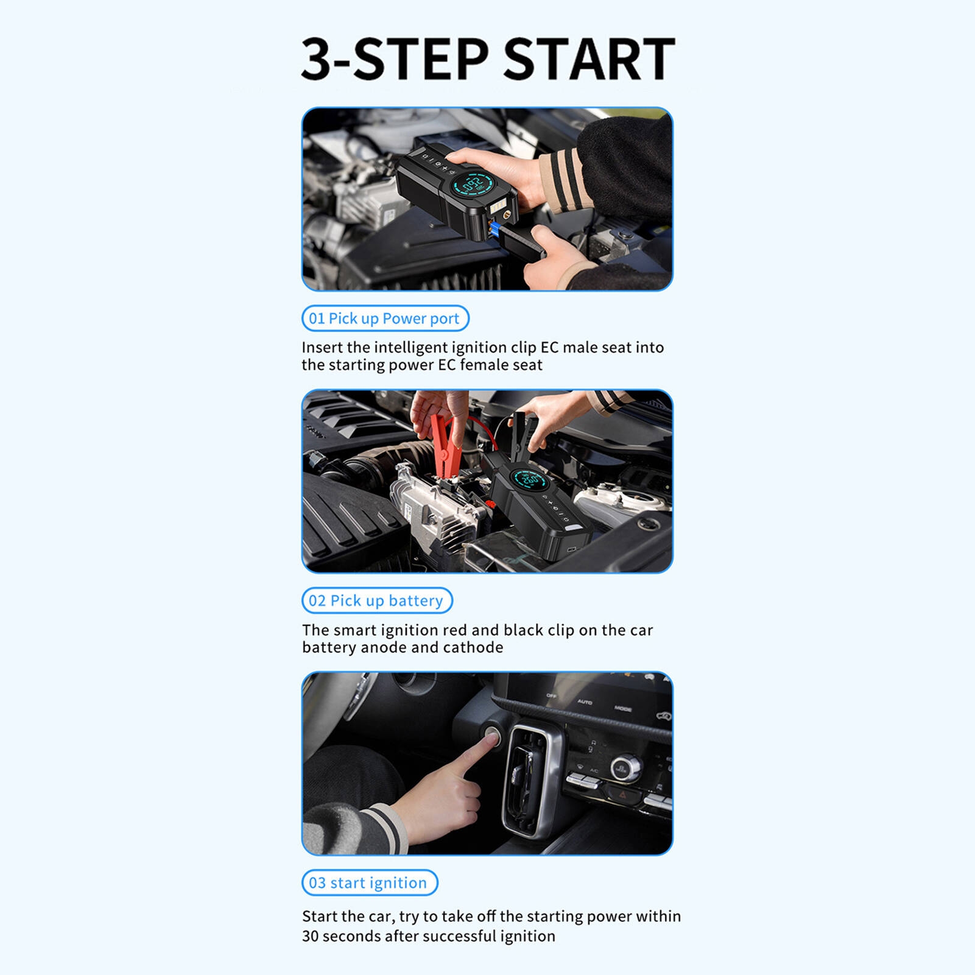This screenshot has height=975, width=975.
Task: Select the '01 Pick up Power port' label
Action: (385, 319)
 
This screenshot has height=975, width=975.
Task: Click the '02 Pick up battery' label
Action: (377, 600)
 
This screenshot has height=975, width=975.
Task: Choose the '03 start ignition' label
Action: (370, 882)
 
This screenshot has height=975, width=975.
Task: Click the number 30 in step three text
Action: (310, 936)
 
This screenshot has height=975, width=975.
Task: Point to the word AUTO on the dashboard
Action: (585, 702)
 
